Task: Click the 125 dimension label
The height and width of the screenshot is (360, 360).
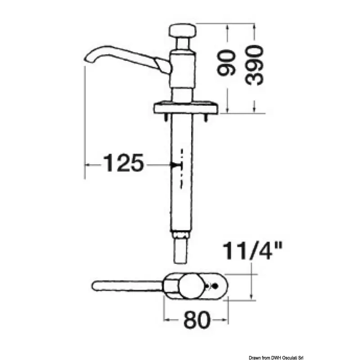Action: [x=124, y=163]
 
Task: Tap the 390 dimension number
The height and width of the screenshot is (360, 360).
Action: [x=254, y=65]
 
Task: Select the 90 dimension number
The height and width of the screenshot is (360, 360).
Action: [x=227, y=63]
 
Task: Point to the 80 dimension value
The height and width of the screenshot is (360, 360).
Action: [x=197, y=320]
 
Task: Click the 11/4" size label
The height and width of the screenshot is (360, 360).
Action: [x=252, y=251]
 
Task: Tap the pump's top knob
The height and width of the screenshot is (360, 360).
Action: [x=183, y=31]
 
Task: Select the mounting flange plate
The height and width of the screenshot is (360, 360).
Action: [x=185, y=108]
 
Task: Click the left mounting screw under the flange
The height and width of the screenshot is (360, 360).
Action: [x=166, y=117]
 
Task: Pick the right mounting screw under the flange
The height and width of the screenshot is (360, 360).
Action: [x=206, y=117]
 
